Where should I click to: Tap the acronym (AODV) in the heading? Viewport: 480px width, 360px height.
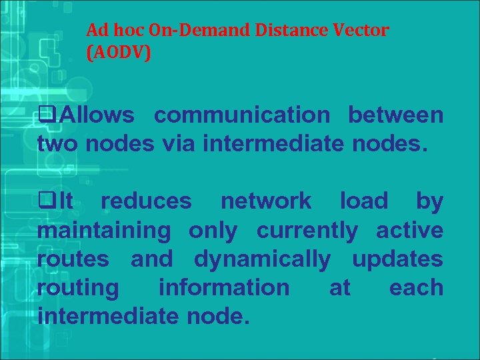click(x=119, y=53)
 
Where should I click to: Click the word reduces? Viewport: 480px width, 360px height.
click(x=146, y=201)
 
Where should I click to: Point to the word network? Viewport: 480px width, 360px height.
click(x=265, y=201)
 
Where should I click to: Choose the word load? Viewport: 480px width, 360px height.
click(x=363, y=201)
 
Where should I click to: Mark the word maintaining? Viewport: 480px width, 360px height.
click(x=105, y=231)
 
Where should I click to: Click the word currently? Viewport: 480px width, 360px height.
click(x=307, y=231)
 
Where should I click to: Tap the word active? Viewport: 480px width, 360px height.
click(x=409, y=231)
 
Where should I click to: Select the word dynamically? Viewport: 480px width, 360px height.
click(x=261, y=259)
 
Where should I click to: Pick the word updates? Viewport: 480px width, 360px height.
click(x=397, y=259)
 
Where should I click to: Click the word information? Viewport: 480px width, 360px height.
click(x=224, y=288)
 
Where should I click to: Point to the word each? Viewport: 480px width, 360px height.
click(x=416, y=288)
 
